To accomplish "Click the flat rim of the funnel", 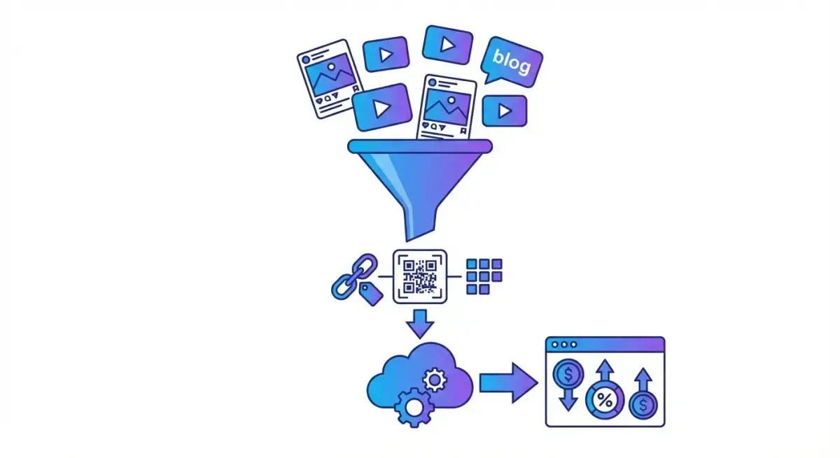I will point(420,145).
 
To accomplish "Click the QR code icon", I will point(420,276).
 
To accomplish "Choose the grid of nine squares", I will point(484,276).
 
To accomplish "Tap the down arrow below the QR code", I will point(420,324).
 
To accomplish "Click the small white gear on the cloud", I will point(435,380).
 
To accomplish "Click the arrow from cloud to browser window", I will point(507,382).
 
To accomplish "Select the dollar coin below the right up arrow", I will point(642,406).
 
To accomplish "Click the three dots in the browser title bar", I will point(564,345).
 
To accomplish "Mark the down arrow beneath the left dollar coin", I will point(568,399).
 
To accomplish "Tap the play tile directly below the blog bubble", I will point(503,110).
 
